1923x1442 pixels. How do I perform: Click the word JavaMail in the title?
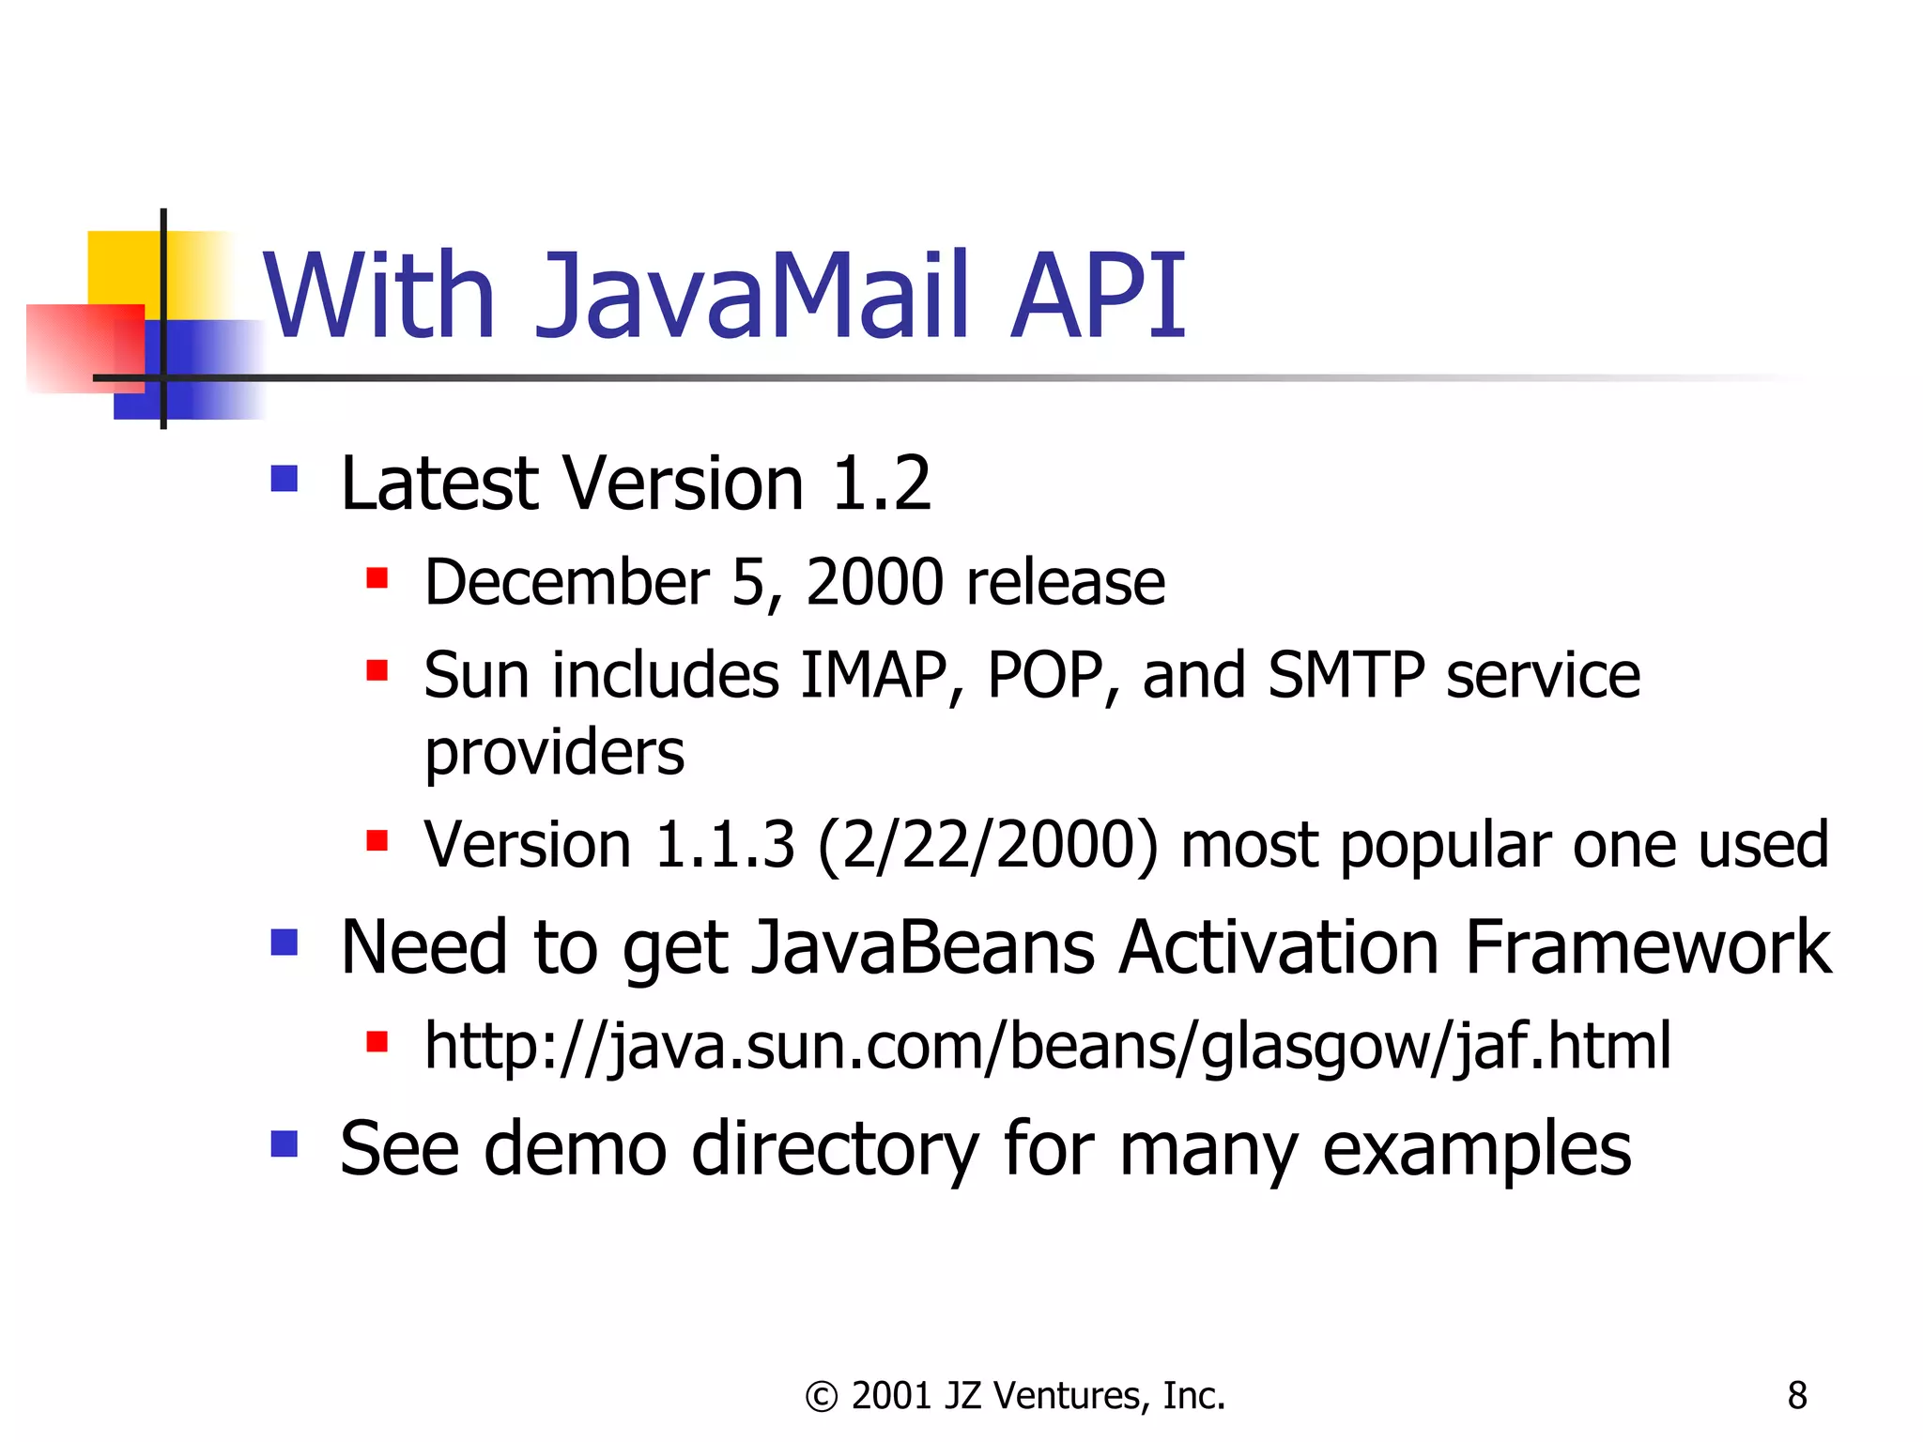[751, 296]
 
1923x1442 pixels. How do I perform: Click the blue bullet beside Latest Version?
[284, 479]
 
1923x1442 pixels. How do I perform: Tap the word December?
[566, 582]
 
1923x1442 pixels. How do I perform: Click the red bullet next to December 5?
[377, 577]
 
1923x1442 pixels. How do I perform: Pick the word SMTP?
[1346, 675]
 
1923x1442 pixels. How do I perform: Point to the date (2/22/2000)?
[988, 845]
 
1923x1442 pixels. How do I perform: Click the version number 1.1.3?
[724, 845]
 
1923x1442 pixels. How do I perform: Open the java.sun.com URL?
[1047, 1046]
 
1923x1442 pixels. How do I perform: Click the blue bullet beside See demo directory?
[284, 1143]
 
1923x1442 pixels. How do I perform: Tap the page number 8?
[1797, 1396]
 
